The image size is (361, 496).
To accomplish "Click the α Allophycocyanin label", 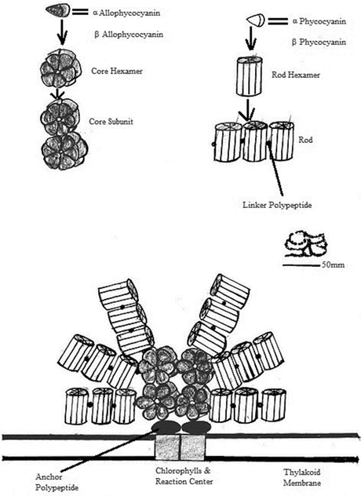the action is (x=126, y=13).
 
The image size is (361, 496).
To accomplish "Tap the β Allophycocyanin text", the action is (x=129, y=35).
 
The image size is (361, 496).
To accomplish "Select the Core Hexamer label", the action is (x=117, y=71).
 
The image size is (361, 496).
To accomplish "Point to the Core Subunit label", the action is (x=111, y=122).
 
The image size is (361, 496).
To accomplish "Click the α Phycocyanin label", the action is (x=319, y=21).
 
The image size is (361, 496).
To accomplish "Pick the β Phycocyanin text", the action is (x=319, y=42).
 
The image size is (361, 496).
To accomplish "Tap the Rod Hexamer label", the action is (x=296, y=75).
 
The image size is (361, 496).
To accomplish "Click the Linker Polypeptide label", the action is (x=277, y=205).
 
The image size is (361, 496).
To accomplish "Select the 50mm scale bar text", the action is (x=334, y=264).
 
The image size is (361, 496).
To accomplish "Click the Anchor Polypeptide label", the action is (x=57, y=482).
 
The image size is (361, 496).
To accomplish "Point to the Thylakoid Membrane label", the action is (x=302, y=478).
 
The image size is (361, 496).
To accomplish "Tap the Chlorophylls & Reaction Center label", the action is (x=184, y=476).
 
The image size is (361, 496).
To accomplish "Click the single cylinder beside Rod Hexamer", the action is (x=250, y=76).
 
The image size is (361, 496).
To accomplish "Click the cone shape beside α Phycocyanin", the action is (x=255, y=21).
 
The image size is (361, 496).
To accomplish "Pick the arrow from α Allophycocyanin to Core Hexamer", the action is (x=62, y=31).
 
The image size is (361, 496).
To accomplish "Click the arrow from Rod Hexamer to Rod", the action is (x=248, y=110).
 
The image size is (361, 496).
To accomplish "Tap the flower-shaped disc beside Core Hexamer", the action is (x=60, y=68).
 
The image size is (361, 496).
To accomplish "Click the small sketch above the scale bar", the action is (x=304, y=244).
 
